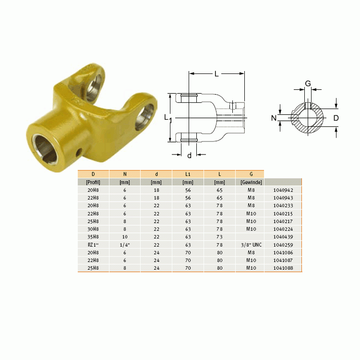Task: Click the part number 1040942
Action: tap(283, 190)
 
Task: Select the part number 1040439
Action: tap(283, 237)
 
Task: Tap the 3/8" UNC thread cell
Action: tap(251, 245)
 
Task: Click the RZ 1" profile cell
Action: tap(93, 245)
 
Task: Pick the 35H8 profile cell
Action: tap(93, 237)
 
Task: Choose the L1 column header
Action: tap(188, 174)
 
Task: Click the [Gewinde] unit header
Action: tap(251, 182)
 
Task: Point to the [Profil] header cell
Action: tap(93, 182)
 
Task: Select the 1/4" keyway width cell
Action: tap(125, 245)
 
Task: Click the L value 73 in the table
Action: tap(219, 237)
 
